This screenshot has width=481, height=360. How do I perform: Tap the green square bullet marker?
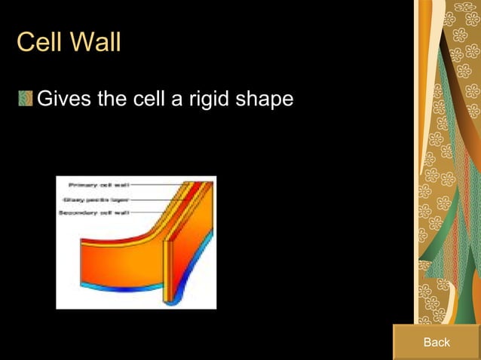(x=26, y=99)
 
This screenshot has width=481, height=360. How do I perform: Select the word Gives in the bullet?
(x=64, y=99)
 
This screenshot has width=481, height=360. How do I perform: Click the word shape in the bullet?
(x=266, y=99)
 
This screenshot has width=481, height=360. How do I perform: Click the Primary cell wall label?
(x=98, y=185)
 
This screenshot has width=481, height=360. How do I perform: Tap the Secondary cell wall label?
(x=94, y=213)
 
